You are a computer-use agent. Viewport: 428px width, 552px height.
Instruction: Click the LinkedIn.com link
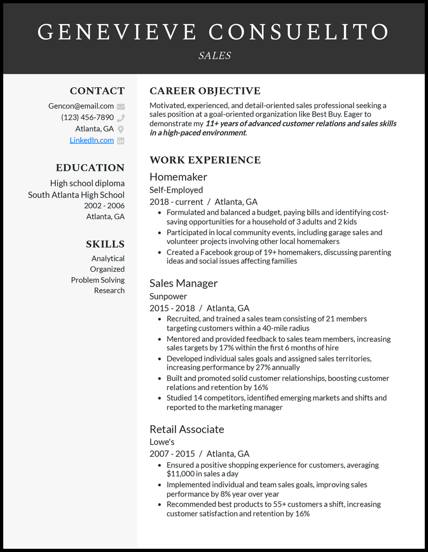[91, 140]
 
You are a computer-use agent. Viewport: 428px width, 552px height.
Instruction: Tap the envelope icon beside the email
[121, 106]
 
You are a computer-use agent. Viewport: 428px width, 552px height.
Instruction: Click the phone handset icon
[121, 118]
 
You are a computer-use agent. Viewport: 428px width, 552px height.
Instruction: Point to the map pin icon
[121, 129]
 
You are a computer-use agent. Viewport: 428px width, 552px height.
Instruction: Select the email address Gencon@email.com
[81, 106]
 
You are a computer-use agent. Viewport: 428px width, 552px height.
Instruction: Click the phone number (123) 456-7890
[87, 117]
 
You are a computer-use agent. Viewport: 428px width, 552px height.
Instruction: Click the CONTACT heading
[97, 91]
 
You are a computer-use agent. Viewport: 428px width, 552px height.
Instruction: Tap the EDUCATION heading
[90, 167]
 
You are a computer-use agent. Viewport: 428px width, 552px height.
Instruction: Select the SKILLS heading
[105, 244]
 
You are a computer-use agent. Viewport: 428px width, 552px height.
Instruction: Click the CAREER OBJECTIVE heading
[205, 91]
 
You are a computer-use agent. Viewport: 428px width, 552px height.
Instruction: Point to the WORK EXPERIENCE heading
[205, 160]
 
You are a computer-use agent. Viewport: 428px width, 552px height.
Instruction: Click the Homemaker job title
[178, 177]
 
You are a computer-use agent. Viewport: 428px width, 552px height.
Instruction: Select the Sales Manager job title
[184, 283]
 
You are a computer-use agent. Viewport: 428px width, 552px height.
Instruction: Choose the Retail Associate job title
[187, 429]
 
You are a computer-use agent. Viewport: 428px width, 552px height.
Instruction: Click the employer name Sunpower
[168, 296]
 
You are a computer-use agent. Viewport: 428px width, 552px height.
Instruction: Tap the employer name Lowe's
[162, 442]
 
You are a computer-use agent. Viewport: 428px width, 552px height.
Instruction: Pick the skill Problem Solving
[97, 280]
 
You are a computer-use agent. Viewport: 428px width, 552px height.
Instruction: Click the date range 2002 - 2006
[104, 205]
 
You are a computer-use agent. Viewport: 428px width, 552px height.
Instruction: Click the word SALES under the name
[214, 55]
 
